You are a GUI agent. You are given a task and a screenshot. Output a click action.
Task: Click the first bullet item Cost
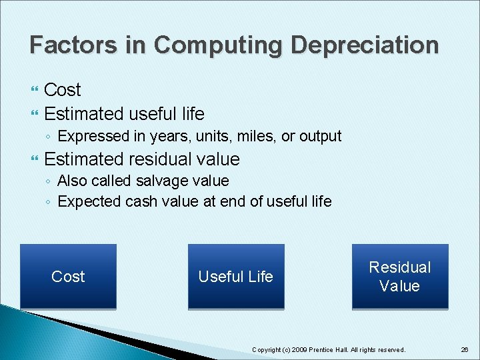[62, 89]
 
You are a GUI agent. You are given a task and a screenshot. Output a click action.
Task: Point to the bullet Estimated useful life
[124, 113]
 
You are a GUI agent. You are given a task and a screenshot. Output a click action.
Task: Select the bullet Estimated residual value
[141, 159]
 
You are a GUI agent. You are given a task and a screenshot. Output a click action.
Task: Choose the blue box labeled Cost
[68, 277]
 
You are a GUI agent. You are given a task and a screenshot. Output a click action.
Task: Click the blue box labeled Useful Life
[236, 277]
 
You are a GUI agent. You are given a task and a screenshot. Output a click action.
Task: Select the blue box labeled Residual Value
[400, 277]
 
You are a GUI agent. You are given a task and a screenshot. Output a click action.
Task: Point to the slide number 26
[464, 349]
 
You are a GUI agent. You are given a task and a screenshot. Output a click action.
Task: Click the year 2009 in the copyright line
[299, 349]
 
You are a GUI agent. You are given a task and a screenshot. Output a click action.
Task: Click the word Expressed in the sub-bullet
[91, 137]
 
